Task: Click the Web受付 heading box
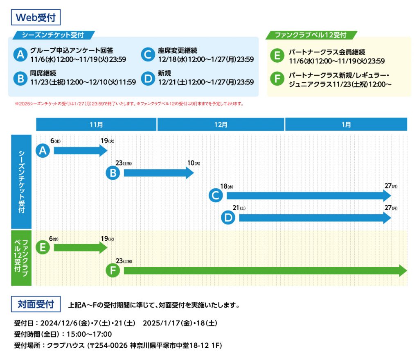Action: point(36,17)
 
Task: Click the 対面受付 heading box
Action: point(36,304)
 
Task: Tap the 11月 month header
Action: point(96,125)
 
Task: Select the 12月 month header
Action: point(221,125)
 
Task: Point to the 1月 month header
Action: point(346,125)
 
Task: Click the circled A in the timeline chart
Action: point(43,151)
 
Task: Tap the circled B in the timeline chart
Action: point(113,173)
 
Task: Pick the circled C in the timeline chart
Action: point(216,195)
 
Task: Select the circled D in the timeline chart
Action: point(228,218)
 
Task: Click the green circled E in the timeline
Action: point(43,247)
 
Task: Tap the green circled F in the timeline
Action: point(113,270)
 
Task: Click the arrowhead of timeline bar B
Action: point(190,173)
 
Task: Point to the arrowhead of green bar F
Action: point(403,270)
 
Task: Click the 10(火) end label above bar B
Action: point(194,163)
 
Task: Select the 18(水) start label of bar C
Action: point(227,186)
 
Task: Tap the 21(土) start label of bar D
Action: point(239,208)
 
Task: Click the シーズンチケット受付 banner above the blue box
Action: point(54,35)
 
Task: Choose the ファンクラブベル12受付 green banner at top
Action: point(311,35)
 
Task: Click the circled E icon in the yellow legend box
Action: point(277,56)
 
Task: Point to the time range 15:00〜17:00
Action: point(89,334)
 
